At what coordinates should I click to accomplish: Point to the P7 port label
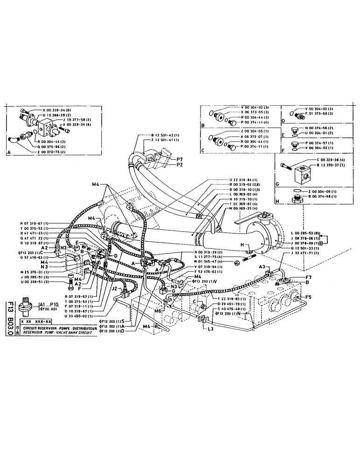tap(180, 159)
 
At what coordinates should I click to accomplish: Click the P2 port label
tap(180, 164)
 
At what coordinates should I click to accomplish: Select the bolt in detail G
tap(288, 166)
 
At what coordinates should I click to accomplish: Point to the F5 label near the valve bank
tap(307, 296)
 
